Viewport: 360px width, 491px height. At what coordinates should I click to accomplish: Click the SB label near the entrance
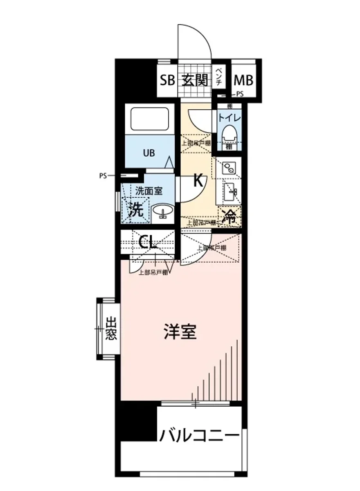click(167, 80)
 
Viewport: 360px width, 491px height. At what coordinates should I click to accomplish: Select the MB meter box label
click(243, 80)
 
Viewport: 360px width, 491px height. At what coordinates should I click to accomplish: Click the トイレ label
click(229, 117)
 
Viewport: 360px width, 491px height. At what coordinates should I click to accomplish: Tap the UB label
click(149, 153)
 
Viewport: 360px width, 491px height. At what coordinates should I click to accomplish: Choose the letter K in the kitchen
click(198, 180)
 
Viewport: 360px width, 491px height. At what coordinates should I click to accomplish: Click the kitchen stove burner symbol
click(228, 168)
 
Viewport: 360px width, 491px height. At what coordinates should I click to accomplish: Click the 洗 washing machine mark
click(136, 210)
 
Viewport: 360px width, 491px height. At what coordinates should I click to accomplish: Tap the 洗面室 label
click(149, 190)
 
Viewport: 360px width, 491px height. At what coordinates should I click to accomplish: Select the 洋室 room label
click(180, 332)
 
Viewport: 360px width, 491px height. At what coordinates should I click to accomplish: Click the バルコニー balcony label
click(199, 435)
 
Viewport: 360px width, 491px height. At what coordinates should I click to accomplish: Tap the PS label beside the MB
click(239, 94)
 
